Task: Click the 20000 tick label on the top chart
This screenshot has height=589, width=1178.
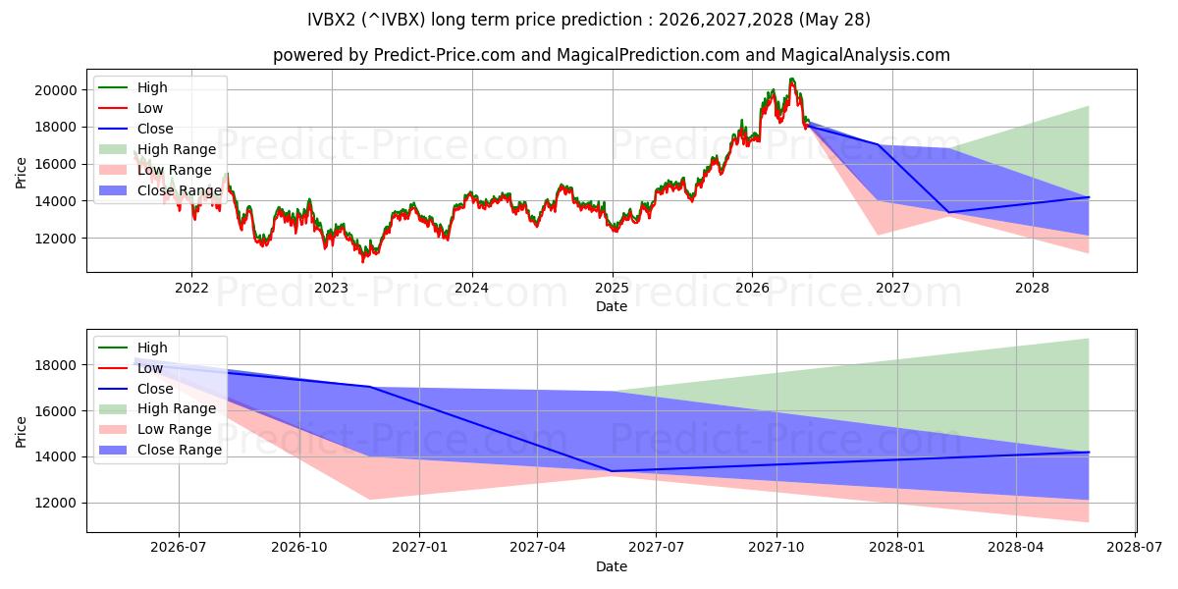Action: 56,90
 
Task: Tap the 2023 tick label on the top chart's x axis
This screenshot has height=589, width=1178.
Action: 332,289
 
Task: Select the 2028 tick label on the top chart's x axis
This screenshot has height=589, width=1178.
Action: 1033,289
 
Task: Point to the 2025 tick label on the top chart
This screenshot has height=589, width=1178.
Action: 613,289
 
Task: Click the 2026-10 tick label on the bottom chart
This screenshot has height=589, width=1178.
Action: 299,548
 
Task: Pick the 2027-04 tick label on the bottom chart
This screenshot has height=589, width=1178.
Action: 538,548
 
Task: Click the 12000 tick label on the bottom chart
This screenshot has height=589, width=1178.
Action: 56,504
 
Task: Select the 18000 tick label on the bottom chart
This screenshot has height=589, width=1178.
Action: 56,365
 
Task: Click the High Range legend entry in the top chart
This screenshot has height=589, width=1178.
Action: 157,149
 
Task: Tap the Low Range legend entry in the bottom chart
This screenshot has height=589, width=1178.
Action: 155,429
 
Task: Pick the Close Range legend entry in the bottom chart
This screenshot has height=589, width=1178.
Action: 160,450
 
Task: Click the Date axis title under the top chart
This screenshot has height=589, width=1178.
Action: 611,306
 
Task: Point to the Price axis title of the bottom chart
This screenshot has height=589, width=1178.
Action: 21,432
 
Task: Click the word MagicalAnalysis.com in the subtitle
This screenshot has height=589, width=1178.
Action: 865,55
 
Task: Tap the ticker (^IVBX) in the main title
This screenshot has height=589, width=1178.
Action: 394,20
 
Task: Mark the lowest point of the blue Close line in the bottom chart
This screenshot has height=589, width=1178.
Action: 611,471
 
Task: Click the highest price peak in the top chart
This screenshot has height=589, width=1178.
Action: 791,79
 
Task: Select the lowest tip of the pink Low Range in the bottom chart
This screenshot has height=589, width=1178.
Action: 1088,521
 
